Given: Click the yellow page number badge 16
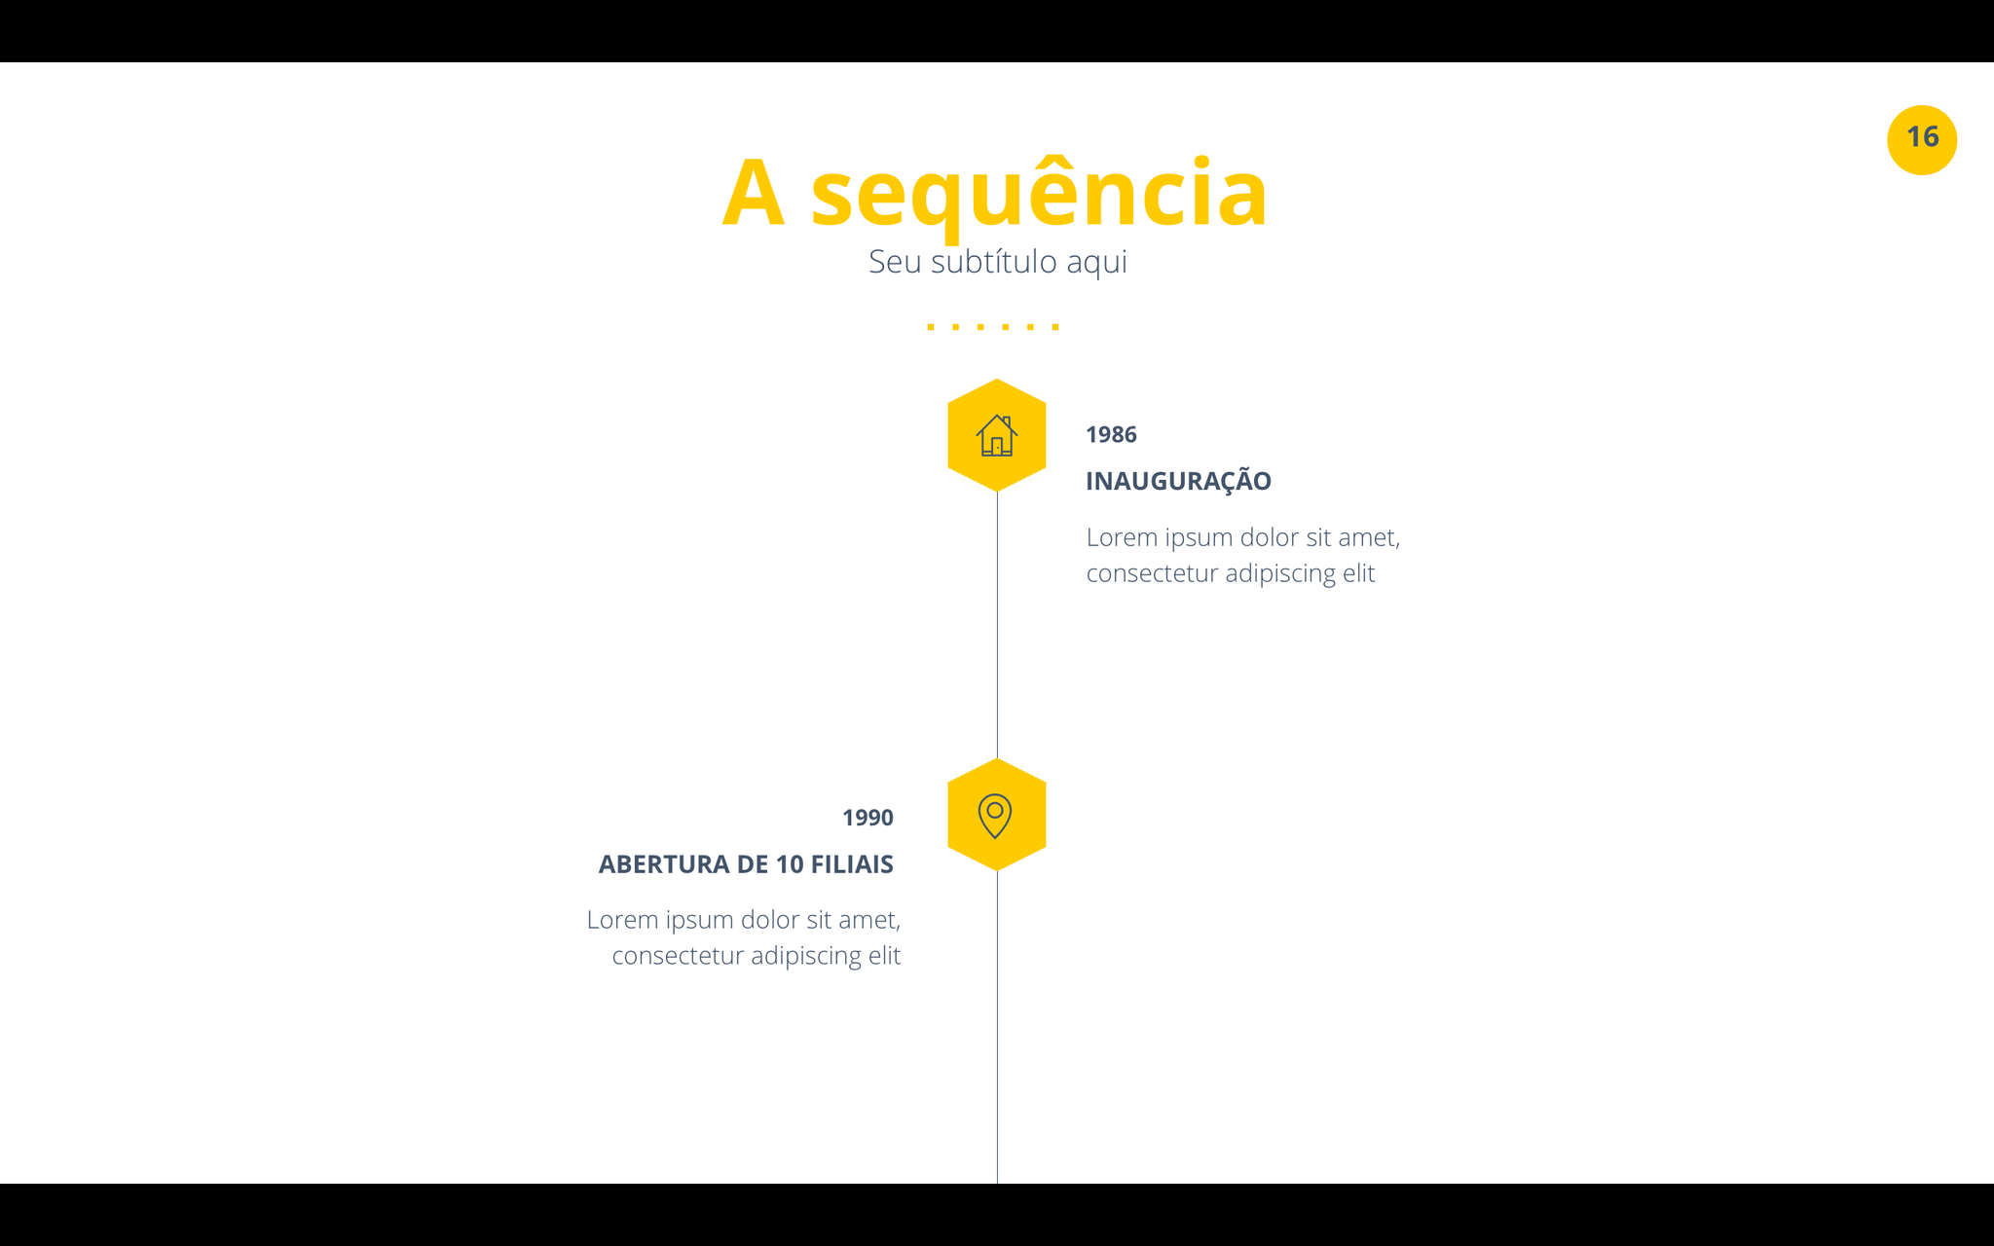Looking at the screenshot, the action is (x=1922, y=140).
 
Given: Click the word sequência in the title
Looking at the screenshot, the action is (x=1039, y=195).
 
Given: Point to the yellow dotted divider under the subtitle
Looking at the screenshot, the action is (x=993, y=326).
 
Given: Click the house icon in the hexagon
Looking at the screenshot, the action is (x=997, y=435).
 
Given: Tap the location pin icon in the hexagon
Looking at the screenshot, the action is (x=995, y=816).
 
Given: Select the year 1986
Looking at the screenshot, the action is (x=1111, y=434).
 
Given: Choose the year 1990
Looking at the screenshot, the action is (x=868, y=818).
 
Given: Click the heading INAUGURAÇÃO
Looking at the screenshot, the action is (x=1178, y=480).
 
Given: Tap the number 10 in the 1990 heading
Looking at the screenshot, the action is (x=790, y=864).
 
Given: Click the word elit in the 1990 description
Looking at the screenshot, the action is (x=884, y=955).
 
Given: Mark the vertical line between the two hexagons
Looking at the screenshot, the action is (x=997, y=625).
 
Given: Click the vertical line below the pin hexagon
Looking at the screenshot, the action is (x=997, y=1027).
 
